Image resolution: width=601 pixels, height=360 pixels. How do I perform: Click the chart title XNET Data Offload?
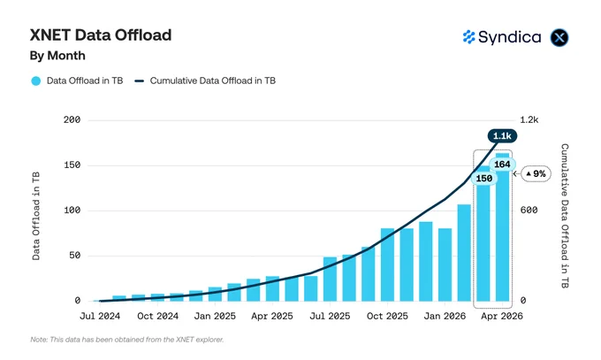(101, 34)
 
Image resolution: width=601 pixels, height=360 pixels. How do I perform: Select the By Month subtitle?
(57, 56)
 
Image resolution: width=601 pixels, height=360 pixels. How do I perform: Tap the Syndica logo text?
(509, 37)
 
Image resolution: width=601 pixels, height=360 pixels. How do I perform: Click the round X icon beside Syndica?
(559, 38)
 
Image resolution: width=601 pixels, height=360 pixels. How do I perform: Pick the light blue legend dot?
(36, 81)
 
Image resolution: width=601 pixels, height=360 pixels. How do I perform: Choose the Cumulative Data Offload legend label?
(213, 80)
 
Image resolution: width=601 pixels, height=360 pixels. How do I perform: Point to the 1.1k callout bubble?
(502, 136)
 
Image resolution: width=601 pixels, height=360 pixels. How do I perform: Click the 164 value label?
(502, 165)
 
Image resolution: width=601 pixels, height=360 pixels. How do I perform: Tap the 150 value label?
(484, 179)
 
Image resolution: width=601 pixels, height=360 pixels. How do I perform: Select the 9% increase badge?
(536, 174)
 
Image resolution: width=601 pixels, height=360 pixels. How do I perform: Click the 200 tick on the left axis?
(72, 120)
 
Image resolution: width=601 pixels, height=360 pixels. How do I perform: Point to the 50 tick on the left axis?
(75, 256)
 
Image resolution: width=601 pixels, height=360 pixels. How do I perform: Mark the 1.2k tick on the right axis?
(529, 120)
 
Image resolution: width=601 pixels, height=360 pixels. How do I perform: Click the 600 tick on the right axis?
(529, 211)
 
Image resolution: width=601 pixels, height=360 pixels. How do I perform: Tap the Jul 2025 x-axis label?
(330, 316)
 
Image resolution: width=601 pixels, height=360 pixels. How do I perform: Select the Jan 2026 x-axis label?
(445, 316)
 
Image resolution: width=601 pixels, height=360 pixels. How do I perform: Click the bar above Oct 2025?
(387, 264)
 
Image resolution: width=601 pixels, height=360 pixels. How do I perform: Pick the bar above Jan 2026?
(445, 264)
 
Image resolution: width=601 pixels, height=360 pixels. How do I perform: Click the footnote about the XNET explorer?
(127, 340)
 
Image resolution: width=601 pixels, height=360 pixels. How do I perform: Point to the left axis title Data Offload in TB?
(36, 216)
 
